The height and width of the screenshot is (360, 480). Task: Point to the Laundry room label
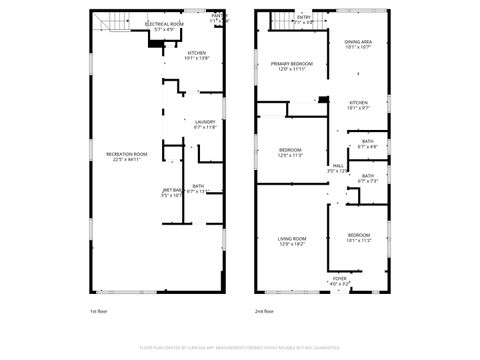tap(205, 125)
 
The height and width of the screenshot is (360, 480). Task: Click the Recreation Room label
tap(127, 156)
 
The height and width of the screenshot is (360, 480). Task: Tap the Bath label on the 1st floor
tap(198, 188)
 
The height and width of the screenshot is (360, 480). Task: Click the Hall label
tap(338, 168)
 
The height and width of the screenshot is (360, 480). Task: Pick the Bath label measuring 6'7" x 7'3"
tap(368, 178)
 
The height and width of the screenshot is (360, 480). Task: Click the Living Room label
tap(292, 240)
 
